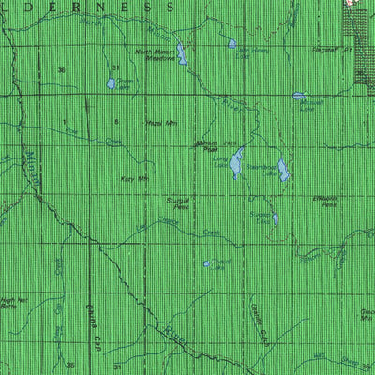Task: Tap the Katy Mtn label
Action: [137, 177]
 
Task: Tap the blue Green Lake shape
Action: [112, 83]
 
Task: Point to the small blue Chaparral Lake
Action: [207, 263]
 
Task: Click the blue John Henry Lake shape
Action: [232, 43]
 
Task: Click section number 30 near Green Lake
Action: [62, 70]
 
